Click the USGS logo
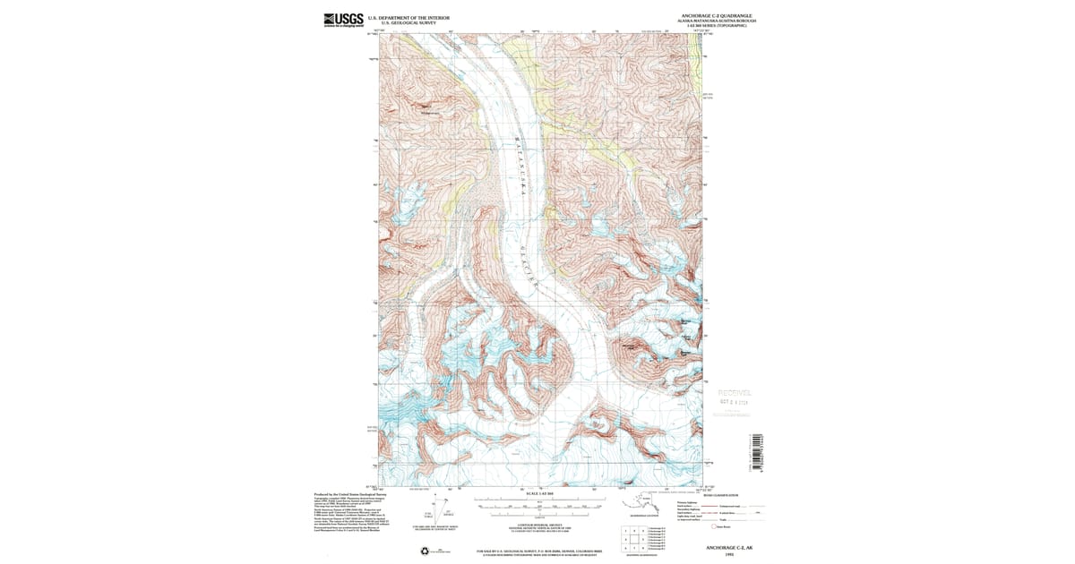click(343, 20)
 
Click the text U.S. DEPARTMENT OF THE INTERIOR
click(409, 17)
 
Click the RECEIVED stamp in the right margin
click(735, 393)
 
